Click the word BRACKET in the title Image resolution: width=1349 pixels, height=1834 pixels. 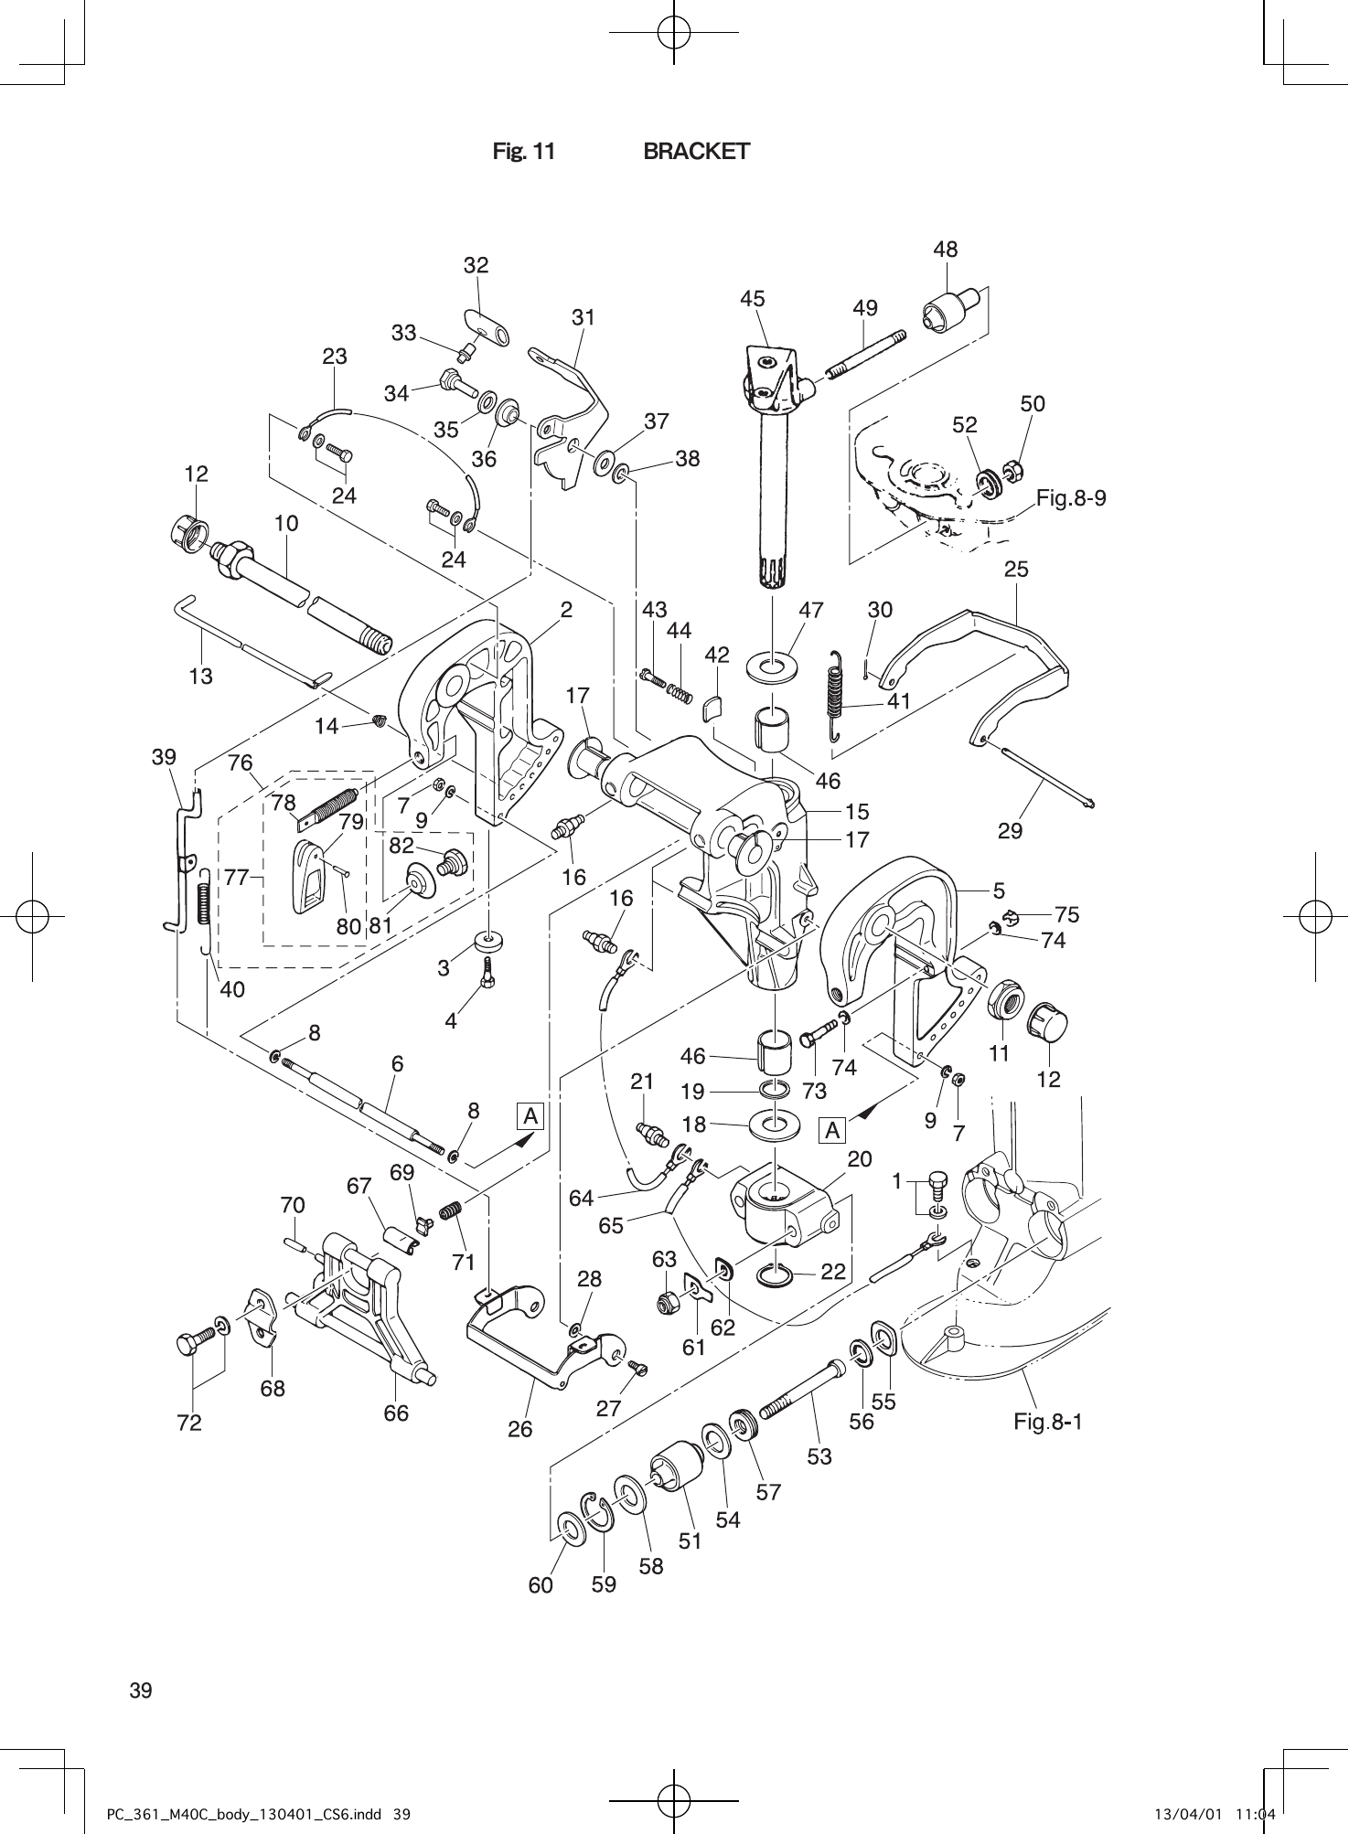[696, 152]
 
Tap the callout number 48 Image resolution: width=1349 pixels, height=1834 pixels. [945, 250]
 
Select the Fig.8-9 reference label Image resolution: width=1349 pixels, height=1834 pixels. [1071, 498]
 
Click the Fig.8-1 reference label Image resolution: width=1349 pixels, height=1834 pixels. [1048, 1422]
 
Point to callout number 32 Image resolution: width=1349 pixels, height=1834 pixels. [476, 265]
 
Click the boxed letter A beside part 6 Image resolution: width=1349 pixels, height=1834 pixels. [530, 1116]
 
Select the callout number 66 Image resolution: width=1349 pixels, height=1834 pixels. [396, 1413]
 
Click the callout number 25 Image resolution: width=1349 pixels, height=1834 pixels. [1016, 570]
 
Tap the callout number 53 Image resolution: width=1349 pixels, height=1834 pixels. [819, 1455]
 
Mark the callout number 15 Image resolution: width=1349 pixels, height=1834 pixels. [857, 811]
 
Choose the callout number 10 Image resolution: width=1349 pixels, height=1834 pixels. [286, 524]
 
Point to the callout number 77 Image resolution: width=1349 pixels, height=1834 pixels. [236, 878]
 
